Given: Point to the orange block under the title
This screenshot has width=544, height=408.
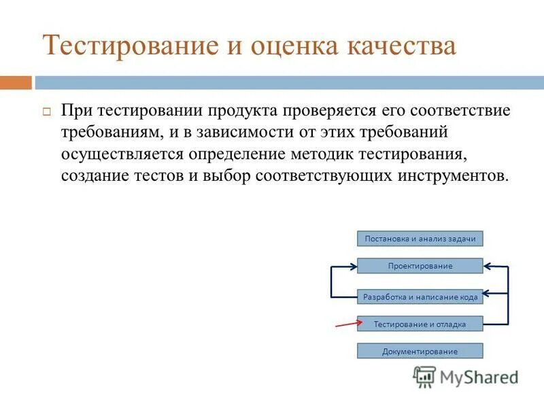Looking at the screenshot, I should (16, 83).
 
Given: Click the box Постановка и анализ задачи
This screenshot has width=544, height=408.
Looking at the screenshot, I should (420, 238).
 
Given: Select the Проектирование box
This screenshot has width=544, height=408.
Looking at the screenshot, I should (420, 265).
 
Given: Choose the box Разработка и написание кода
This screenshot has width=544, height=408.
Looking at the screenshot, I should (420, 296).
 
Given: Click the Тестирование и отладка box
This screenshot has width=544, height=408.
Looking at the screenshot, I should (420, 324).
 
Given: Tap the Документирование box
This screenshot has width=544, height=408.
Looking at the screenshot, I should (420, 351).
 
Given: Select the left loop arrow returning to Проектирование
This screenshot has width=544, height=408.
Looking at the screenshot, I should (331, 281).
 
